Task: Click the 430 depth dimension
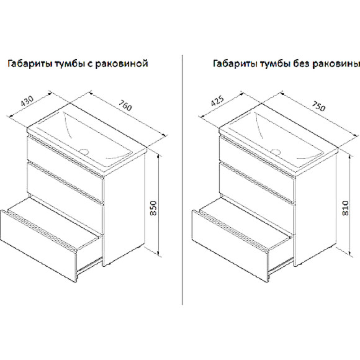(27, 101)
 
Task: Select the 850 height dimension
(153, 208)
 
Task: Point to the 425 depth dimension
(217, 101)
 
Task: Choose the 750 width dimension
(318, 106)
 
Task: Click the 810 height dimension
(345, 208)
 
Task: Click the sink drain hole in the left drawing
(84, 151)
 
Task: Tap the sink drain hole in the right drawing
(276, 151)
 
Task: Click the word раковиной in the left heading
(122, 63)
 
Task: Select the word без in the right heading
(301, 63)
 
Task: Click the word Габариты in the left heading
(30, 63)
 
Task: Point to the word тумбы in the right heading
(275, 63)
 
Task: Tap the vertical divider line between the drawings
(182, 180)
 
